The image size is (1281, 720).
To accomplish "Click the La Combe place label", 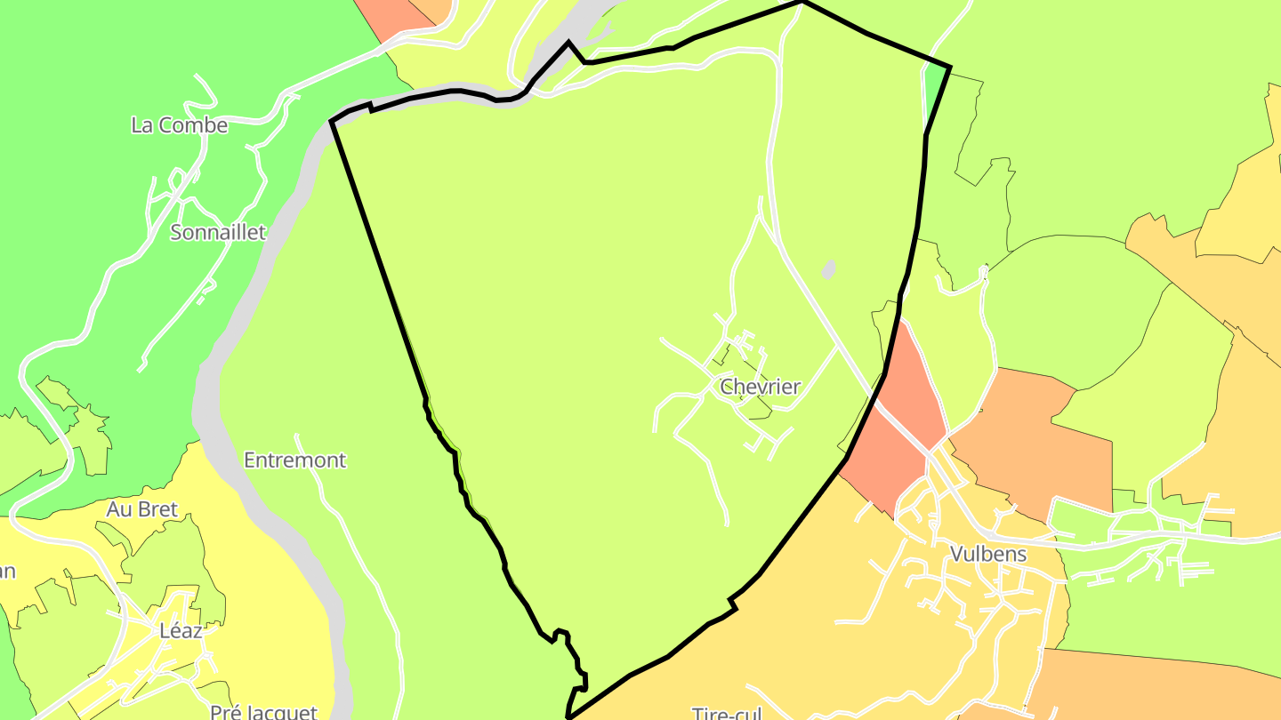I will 179,125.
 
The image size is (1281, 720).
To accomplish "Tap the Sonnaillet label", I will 218,233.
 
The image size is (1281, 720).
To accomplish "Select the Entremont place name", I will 294,460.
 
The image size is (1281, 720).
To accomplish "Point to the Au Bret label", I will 142,510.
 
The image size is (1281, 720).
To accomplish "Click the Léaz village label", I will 181,631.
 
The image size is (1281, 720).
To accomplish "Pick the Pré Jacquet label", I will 263,712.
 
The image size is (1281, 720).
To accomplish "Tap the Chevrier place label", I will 760,387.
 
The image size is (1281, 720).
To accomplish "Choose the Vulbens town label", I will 988,555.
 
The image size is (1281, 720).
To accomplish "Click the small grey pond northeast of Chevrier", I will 829,269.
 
